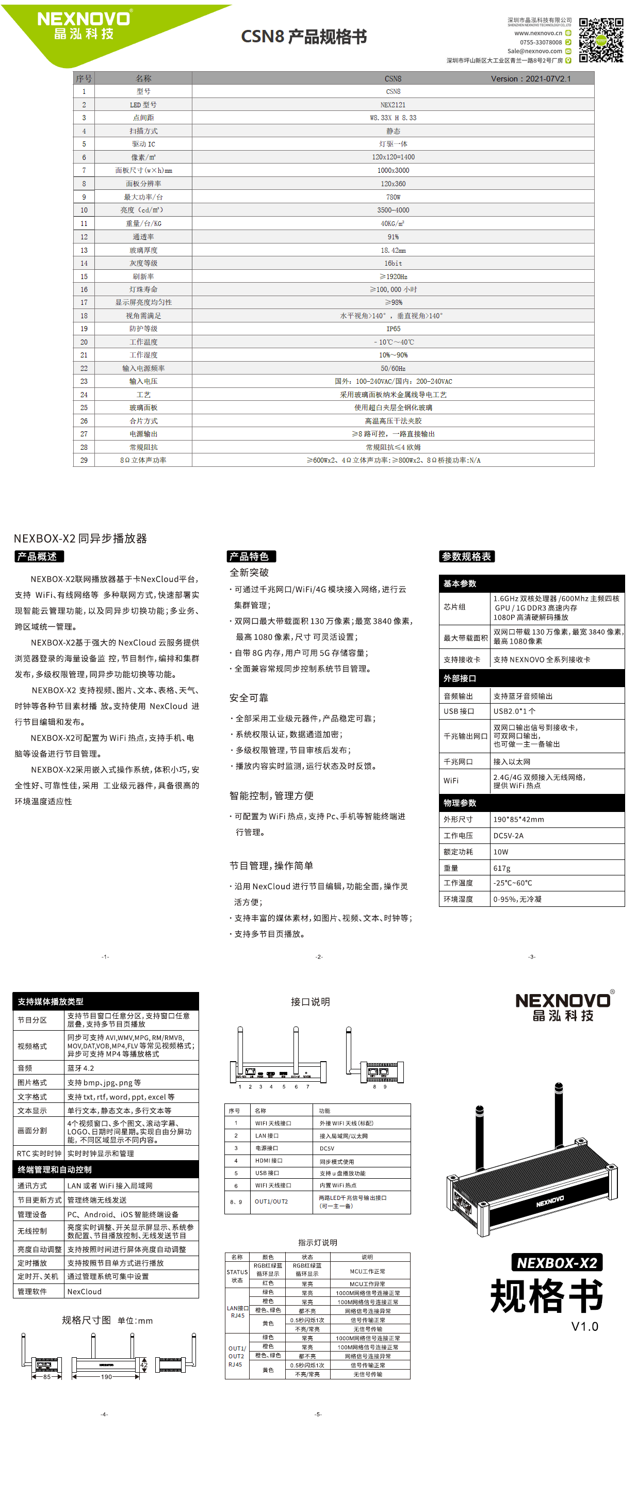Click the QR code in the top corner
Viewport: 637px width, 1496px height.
(x=601, y=40)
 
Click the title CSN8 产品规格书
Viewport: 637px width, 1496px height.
(x=304, y=37)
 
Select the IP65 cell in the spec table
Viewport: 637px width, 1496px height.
(x=393, y=329)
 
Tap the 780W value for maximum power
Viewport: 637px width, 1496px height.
(x=393, y=197)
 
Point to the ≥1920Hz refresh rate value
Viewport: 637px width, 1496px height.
(x=393, y=277)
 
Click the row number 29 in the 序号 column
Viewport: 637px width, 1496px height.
(x=84, y=460)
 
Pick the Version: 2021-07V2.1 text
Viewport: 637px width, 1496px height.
(x=530, y=79)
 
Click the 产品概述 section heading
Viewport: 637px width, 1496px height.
(x=38, y=556)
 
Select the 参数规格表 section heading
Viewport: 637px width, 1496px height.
(x=466, y=556)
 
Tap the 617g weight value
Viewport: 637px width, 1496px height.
(x=502, y=868)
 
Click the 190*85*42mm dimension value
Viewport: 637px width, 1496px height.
(x=518, y=819)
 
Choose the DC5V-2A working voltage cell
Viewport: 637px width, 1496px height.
(x=508, y=836)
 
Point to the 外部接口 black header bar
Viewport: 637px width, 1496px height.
(x=531, y=678)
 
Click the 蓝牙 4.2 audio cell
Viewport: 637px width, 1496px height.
(x=80, y=1068)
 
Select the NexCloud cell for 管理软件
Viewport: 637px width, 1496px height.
(x=85, y=1292)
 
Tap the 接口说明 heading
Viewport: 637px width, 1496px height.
(x=310, y=1002)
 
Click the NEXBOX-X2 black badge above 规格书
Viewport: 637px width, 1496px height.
(x=557, y=1262)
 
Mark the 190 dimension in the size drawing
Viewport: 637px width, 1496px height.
(x=106, y=1377)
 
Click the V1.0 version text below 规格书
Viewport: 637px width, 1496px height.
(x=584, y=1326)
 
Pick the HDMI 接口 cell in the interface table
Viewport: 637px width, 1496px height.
(x=268, y=1160)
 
